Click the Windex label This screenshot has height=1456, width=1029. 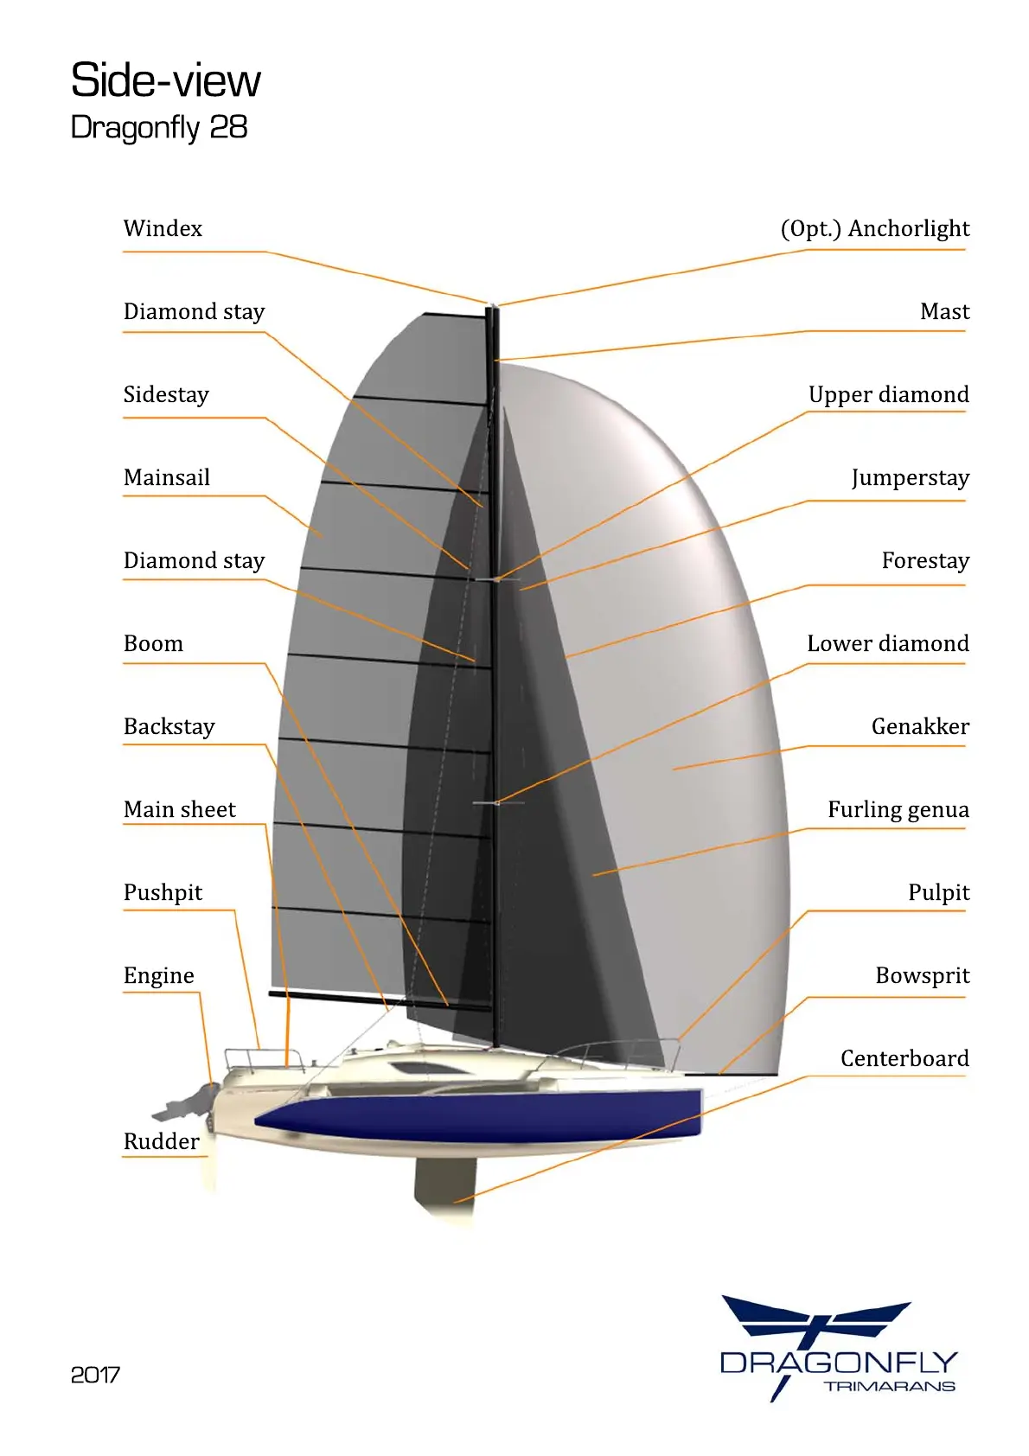(163, 229)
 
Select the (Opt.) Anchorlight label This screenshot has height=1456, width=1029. (874, 229)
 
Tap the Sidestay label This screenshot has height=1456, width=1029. (166, 395)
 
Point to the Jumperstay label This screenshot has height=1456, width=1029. (910, 478)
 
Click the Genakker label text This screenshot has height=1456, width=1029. (920, 727)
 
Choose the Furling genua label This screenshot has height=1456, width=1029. (898, 810)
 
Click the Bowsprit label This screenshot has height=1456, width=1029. (922, 976)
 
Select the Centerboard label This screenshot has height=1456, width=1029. (904, 1059)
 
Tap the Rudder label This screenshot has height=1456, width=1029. (161, 1142)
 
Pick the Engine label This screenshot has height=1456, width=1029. (159, 976)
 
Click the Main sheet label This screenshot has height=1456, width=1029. (180, 810)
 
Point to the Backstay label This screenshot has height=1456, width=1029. (169, 727)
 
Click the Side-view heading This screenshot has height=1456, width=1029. (165, 80)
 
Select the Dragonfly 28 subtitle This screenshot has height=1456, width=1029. (159, 128)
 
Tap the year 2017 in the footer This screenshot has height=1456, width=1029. (95, 1375)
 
